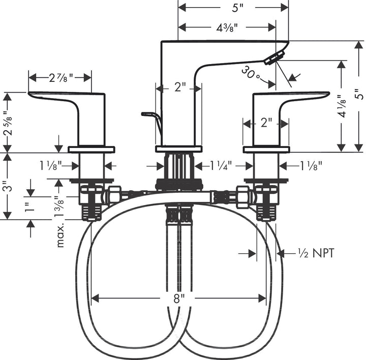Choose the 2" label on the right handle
click(266, 123)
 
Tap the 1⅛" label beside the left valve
click(51, 166)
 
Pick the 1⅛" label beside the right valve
click(310, 166)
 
